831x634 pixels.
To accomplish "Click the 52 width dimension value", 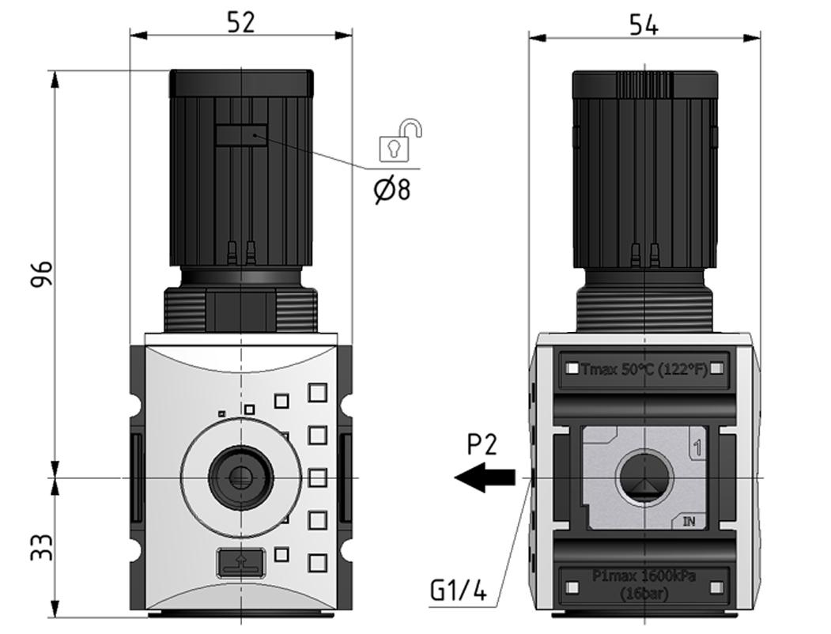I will (x=241, y=22).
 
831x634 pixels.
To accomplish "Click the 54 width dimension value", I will (x=644, y=25).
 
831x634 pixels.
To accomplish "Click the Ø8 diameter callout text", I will (x=392, y=190).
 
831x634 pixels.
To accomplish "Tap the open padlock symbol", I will (x=399, y=141).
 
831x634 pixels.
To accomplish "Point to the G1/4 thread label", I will (x=459, y=591).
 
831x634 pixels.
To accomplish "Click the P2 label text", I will (x=482, y=445).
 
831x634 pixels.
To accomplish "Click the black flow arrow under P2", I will (x=484, y=477).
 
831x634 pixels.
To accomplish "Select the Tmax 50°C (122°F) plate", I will (x=644, y=368).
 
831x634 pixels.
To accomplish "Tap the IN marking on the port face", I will (x=689, y=522).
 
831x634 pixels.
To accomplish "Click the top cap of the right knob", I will (x=645, y=82).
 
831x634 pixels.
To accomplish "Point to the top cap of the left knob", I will (x=241, y=81).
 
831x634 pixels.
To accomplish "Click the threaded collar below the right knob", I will (x=645, y=309).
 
